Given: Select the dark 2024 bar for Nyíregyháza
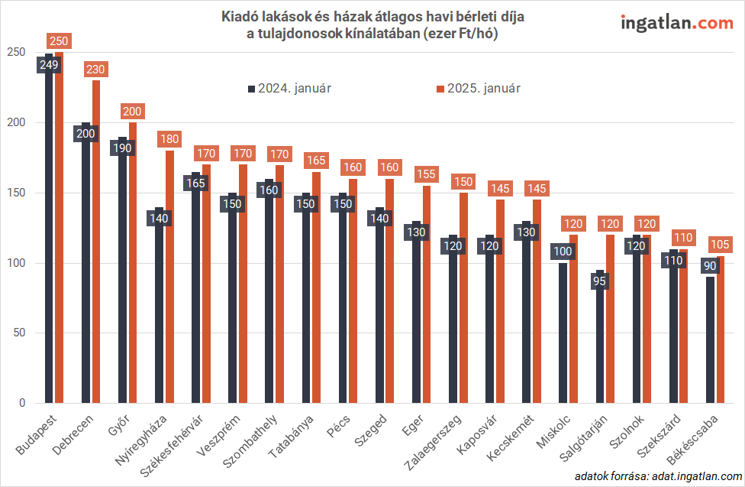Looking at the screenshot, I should click(160, 321).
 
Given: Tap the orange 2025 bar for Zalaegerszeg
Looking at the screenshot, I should click(463, 306).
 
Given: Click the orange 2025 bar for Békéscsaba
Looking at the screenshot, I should click(720, 336).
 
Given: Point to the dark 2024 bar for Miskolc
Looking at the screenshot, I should click(563, 336).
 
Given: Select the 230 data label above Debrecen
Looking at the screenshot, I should click(96, 69).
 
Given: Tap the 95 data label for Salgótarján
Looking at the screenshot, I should click(600, 281).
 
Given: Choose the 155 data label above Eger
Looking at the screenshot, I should click(427, 174).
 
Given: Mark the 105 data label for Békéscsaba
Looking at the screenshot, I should click(720, 245).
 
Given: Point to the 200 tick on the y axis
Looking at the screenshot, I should click(16, 122).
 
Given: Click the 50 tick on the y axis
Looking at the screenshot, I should click(19, 333).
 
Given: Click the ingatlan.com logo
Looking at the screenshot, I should click(676, 22).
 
